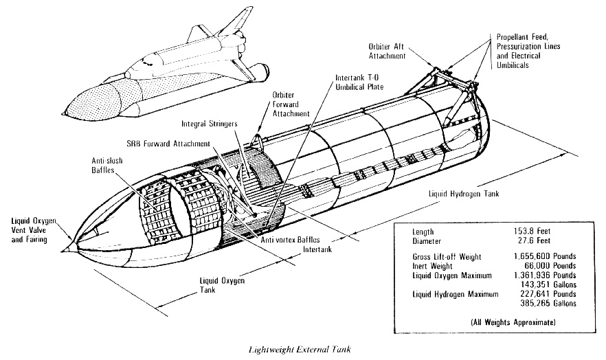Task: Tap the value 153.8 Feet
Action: coord(554,232)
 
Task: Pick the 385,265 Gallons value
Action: coord(550,303)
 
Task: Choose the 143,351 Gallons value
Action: coord(550,284)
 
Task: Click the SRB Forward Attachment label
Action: coord(180,145)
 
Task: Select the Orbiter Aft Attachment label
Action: coord(387,51)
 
